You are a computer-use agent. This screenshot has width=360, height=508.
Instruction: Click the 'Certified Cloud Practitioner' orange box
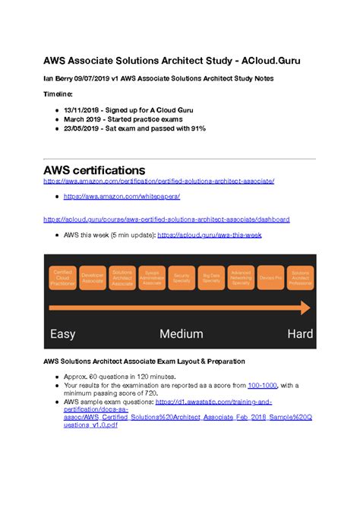62,278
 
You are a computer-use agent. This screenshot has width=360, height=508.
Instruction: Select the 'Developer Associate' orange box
92,278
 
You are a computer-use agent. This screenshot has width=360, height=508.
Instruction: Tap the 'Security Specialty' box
182,278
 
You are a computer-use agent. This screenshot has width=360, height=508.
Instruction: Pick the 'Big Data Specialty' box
211,278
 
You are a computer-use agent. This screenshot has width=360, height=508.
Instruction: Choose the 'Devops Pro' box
270,278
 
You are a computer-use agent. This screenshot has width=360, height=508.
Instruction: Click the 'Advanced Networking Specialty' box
241,278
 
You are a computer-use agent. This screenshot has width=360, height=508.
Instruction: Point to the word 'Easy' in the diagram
62,333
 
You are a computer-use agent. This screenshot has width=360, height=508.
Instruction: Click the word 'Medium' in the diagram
181,333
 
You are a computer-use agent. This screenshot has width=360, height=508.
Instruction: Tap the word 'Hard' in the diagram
300,333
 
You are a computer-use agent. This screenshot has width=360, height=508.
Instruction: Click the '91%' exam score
196,128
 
